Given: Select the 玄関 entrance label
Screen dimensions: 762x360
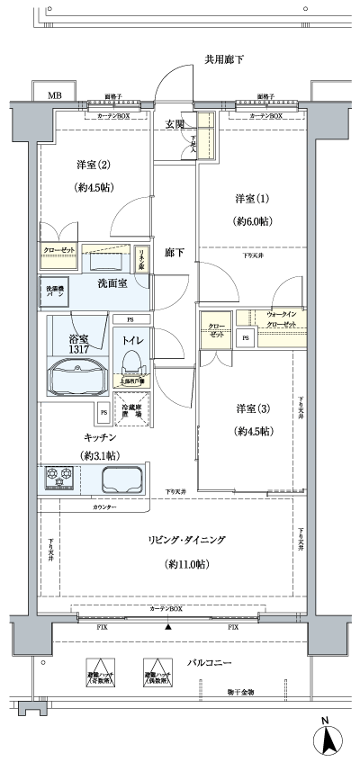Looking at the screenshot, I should coord(175,124).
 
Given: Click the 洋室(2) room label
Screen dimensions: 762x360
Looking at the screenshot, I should coord(94,166).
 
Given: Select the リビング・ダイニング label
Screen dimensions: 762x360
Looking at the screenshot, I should coord(187,540).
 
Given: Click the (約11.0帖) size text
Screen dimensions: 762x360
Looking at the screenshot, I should coord(187,564).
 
